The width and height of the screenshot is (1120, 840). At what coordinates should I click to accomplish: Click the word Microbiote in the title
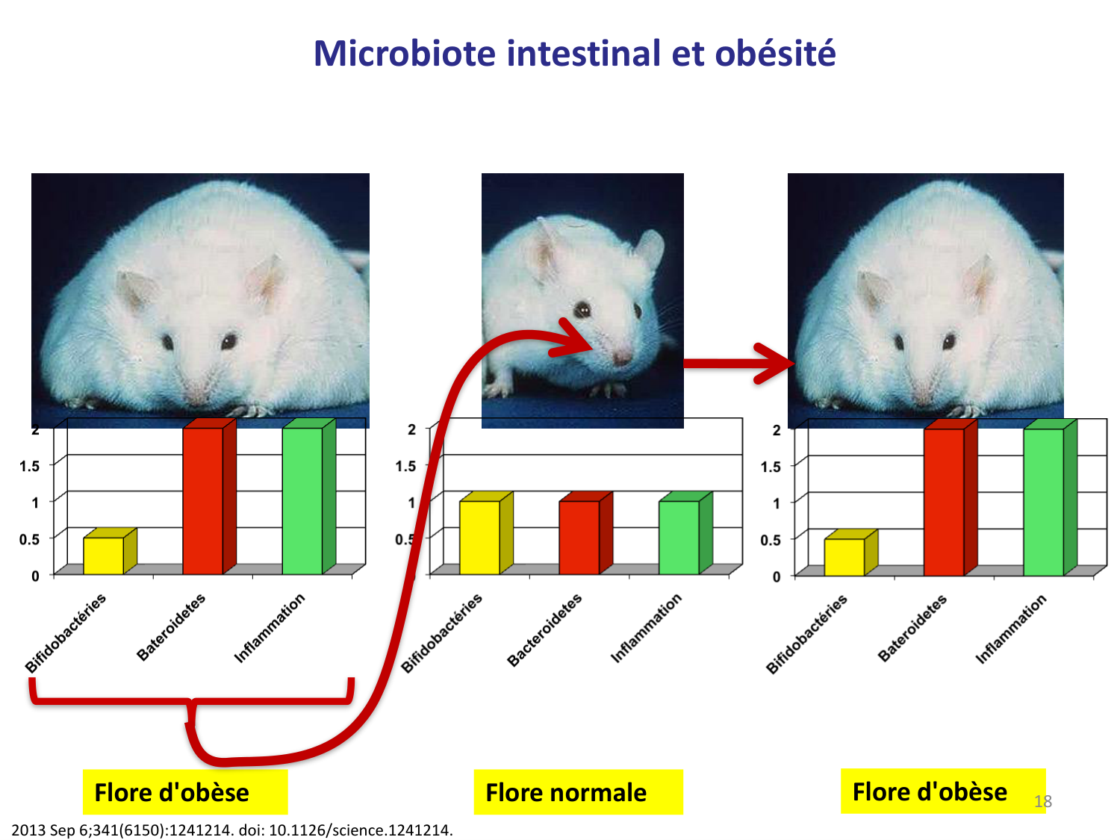point(405,53)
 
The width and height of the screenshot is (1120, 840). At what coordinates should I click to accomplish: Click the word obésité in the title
point(775,53)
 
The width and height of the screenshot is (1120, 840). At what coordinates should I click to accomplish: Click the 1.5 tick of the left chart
point(29,466)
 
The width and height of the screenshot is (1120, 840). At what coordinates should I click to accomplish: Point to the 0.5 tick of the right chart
point(770,540)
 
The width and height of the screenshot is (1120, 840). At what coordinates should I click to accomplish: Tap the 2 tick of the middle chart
point(411,429)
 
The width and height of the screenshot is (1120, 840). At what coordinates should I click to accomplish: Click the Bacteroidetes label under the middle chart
point(544,630)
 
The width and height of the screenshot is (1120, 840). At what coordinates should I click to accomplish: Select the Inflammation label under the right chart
point(1011,629)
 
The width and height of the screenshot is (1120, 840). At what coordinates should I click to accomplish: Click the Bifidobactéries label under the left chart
point(65,633)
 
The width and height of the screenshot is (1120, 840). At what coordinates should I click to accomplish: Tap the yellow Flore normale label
point(578,791)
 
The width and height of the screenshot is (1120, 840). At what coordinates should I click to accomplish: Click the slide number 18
point(1042,801)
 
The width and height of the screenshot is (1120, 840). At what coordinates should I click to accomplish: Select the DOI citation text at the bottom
point(232,830)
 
